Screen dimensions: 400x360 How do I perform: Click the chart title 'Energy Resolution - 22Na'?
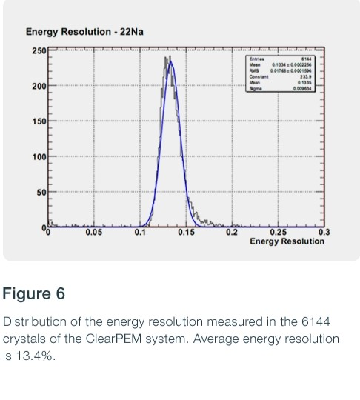click(x=79, y=32)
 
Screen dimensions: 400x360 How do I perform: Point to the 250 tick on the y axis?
click(x=38, y=50)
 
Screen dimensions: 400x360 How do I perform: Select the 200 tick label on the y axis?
click(x=38, y=87)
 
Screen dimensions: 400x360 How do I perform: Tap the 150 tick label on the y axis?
click(x=38, y=121)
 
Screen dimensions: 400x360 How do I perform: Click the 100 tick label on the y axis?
click(x=38, y=157)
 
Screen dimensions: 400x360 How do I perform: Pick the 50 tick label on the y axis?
click(x=40, y=193)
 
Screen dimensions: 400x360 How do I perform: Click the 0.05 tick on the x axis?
click(x=93, y=233)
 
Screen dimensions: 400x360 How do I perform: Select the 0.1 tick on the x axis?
click(x=141, y=233)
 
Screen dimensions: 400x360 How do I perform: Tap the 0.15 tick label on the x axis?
click(x=186, y=233)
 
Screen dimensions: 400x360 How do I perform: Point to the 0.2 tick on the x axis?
click(x=233, y=233)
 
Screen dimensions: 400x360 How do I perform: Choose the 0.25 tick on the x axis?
click(x=278, y=233)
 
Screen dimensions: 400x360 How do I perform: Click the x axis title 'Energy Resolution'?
click(x=287, y=241)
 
